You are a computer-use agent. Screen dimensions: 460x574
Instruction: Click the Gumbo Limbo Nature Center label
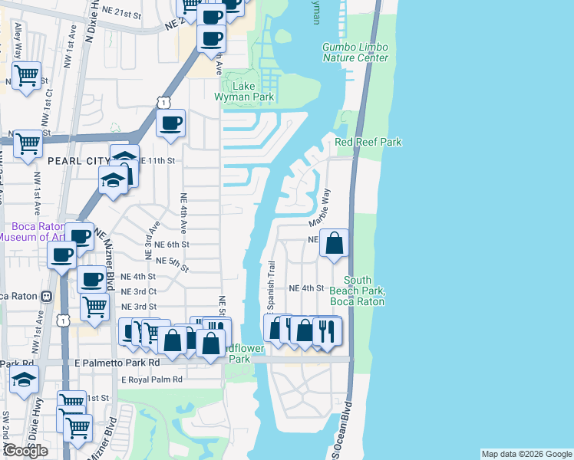point(355,52)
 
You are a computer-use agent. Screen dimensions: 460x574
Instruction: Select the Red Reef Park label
point(368,143)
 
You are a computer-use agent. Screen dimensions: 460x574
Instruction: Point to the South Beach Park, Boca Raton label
point(357,291)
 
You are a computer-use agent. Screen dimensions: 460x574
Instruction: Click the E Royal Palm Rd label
point(152,379)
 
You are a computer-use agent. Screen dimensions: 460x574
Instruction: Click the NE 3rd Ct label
point(138,291)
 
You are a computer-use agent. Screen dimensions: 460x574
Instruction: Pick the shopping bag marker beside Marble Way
point(335,244)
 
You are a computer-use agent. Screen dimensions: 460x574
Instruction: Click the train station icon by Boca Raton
point(47,296)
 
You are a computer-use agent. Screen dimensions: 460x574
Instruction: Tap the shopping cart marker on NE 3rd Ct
point(94,305)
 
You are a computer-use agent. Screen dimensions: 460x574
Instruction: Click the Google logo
point(25,451)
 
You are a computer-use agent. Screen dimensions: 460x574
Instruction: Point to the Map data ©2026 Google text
point(526,454)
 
